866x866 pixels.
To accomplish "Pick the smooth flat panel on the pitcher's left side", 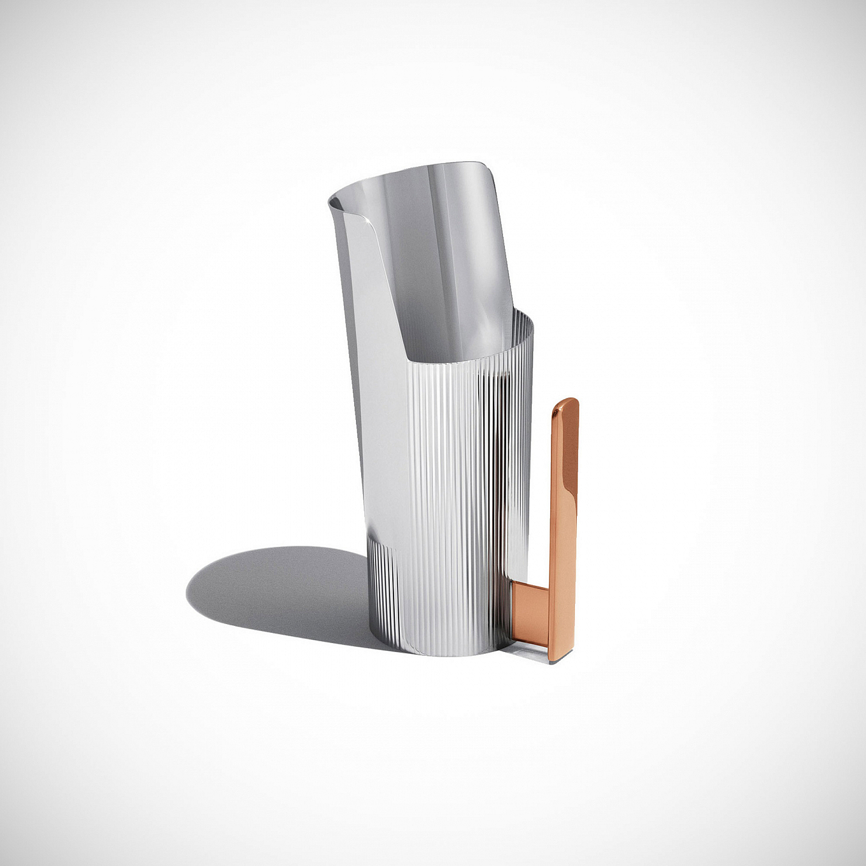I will [x=382, y=382].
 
